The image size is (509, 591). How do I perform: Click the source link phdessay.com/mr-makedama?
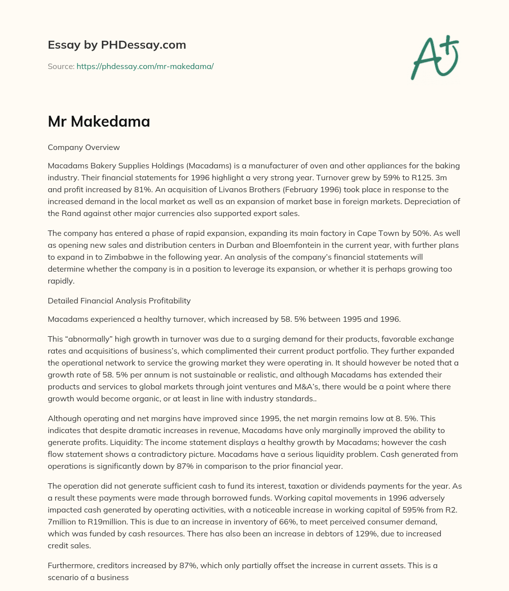[x=145, y=66]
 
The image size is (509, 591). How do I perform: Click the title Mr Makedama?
[x=99, y=121]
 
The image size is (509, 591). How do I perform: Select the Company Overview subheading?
[x=84, y=148]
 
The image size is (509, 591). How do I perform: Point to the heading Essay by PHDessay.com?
[x=117, y=45]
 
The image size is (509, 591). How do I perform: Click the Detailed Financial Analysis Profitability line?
[x=119, y=300]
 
